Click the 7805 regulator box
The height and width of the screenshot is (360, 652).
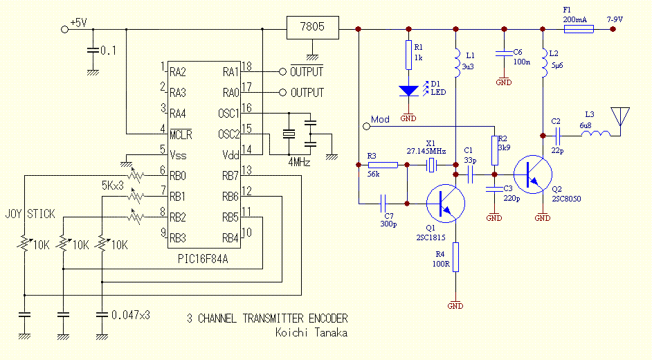(314, 29)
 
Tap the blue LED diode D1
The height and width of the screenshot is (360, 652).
(408, 91)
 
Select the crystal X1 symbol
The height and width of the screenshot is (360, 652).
(431, 165)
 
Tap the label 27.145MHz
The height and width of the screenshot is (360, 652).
(426, 150)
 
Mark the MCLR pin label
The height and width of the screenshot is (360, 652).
(181, 134)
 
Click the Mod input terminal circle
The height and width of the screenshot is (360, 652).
(365, 126)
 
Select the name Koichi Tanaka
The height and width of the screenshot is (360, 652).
(311, 333)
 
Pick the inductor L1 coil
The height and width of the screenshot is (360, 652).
(455, 62)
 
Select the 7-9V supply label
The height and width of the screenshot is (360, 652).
(615, 19)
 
